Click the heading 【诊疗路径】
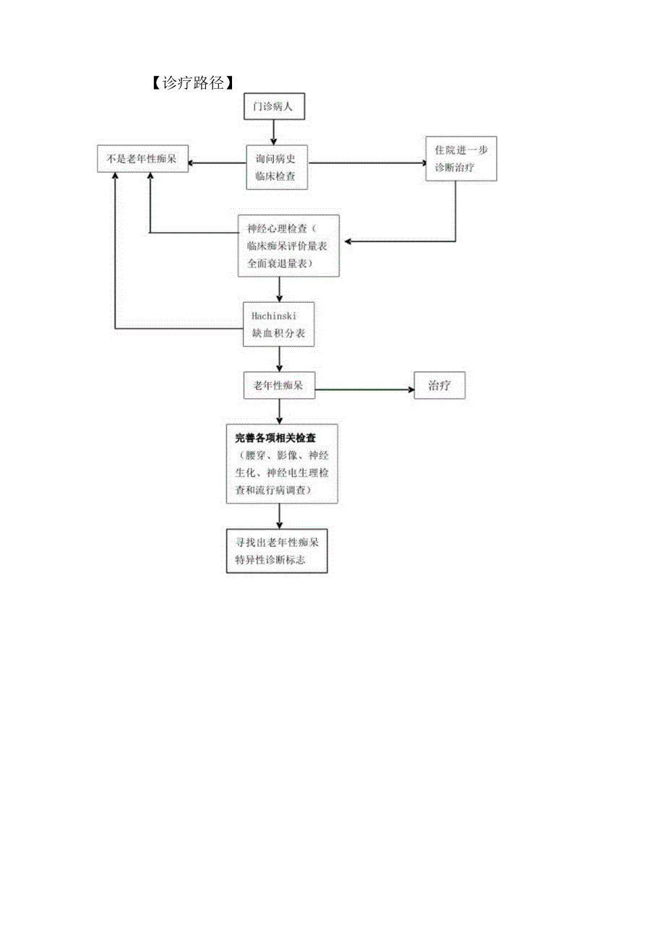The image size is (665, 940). pyautogui.click(x=192, y=82)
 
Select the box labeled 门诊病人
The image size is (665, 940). pyautogui.click(x=274, y=107)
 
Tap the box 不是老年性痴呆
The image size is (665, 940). pyautogui.click(x=142, y=159)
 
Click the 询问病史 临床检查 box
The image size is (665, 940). pyautogui.click(x=277, y=168)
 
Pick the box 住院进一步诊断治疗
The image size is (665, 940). pyautogui.click(x=461, y=159)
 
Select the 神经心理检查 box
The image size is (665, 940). pyautogui.click(x=288, y=246)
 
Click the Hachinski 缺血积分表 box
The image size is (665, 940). pyautogui.click(x=278, y=324)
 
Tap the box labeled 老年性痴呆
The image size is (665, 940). pyautogui.click(x=279, y=385)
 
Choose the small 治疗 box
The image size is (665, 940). pyautogui.click(x=439, y=385)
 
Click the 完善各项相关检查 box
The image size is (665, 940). pyautogui.click(x=282, y=464)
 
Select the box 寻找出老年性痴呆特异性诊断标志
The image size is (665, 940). pyautogui.click(x=277, y=551)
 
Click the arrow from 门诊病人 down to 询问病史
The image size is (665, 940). pyautogui.click(x=274, y=133)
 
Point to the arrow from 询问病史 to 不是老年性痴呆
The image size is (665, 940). pyautogui.click(x=217, y=163)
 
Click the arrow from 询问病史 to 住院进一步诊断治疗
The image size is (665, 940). pyautogui.click(x=367, y=163)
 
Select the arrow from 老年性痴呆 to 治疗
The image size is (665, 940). pyautogui.click(x=364, y=389)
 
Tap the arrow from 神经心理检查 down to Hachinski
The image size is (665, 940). pyautogui.click(x=280, y=290)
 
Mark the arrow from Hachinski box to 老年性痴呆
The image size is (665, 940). pyautogui.click(x=280, y=359)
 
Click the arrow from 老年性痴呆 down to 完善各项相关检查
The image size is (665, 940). pyautogui.click(x=280, y=411)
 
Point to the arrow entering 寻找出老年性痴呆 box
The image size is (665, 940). pyautogui.click(x=280, y=516)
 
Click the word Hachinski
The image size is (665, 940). pyautogui.click(x=274, y=316)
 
